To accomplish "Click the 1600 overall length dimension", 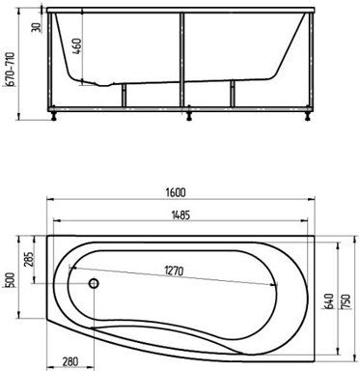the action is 176,192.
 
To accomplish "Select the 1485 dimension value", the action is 180,214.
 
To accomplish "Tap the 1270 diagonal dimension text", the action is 174,271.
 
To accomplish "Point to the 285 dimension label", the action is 29,260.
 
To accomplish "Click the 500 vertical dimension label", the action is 11,280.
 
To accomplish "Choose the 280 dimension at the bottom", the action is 69,361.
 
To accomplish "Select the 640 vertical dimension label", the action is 328,301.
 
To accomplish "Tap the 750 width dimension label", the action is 346,301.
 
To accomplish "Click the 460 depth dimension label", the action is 76,46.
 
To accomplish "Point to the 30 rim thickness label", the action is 37,27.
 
